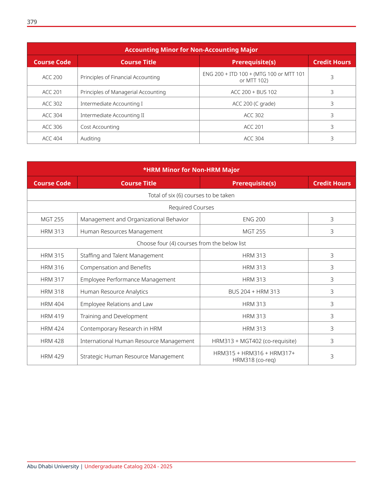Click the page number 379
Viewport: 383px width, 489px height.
[x=32, y=22]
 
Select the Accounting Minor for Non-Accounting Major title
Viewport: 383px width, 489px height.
[x=191, y=50]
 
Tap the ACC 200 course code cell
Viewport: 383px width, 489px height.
[x=52, y=77]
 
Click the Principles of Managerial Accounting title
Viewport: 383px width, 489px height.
[x=123, y=92]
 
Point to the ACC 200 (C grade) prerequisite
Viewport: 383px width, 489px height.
[x=254, y=104]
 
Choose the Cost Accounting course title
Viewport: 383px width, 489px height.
[x=100, y=127]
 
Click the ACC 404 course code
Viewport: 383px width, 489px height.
[x=52, y=138]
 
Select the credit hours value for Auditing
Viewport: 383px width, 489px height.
[x=332, y=138]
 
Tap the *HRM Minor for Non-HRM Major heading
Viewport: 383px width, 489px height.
[x=191, y=170]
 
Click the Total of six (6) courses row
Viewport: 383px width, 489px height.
[x=191, y=195]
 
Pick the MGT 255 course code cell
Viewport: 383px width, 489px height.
[x=52, y=219]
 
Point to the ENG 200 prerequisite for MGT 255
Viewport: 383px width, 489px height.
[x=254, y=219]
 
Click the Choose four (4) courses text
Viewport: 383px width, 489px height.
[x=191, y=243]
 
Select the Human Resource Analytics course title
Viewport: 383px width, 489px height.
[x=114, y=291]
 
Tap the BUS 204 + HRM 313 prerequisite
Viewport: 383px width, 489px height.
[x=254, y=291]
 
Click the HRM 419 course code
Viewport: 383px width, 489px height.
[x=52, y=316]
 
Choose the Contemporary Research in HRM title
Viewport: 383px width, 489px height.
[x=121, y=328]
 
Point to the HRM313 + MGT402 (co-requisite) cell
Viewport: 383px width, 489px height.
[x=254, y=341]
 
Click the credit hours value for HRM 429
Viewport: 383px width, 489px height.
[x=332, y=356]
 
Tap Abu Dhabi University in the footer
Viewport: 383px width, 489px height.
[x=53, y=466]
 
